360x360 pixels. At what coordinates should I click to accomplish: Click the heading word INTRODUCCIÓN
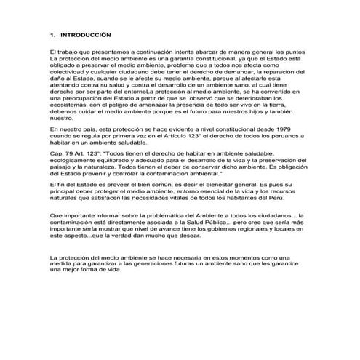click(86, 34)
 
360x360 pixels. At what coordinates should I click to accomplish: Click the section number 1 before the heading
click(51, 34)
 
